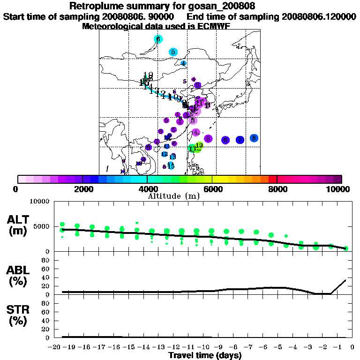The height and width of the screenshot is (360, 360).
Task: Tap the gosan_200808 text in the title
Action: [x=223, y=7]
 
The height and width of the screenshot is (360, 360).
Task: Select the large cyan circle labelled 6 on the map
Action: [x=158, y=39]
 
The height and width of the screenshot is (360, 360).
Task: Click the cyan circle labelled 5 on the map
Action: [x=173, y=52]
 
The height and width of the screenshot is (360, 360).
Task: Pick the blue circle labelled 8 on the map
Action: [x=254, y=138]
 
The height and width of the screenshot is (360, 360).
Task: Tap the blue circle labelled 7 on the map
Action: [x=240, y=140]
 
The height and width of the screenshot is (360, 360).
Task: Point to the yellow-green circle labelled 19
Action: [x=199, y=146]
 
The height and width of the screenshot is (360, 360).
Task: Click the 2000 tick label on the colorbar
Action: [x=82, y=189]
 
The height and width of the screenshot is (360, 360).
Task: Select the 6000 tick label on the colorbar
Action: [x=212, y=189]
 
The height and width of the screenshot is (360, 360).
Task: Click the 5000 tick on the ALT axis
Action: [x=42, y=226]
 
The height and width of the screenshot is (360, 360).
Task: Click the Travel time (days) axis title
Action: [x=205, y=355]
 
